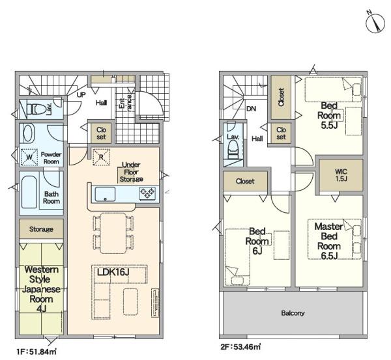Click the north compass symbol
(375, 23)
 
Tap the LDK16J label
(113, 272)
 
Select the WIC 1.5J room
(341, 175)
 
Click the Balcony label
(293, 313)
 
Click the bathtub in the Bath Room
(29, 192)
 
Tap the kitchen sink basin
(105, 194)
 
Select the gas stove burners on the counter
(148, 193)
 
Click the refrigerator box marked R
(101, 157)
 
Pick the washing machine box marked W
(29, 157)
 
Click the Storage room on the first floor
(42, 228)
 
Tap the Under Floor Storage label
(131, 172)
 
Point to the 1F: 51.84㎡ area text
(36, 352)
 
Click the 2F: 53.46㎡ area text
(240, 346)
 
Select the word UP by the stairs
(81, 94)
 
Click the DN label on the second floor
(251, 109)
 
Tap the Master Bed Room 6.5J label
(329, 241)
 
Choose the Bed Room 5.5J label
(329, 115)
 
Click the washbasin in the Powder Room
(29, 133)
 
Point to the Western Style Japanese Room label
(42, 289)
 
